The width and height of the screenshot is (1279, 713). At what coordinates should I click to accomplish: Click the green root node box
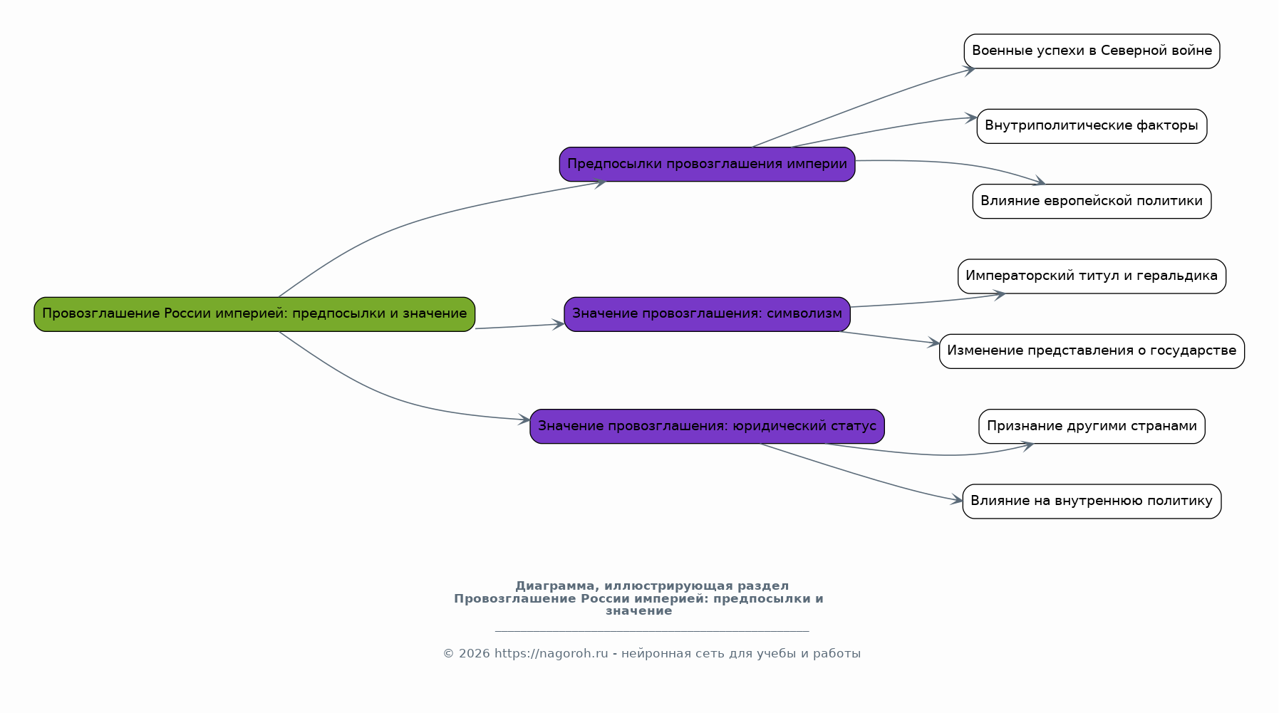(x=254, y=314)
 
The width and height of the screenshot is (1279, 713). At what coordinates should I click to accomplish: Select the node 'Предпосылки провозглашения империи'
(x=707, y=165)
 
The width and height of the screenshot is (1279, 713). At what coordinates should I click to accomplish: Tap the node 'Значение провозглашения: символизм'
(x=707, y=314)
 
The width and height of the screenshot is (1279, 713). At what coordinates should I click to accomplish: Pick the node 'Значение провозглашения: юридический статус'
(x=707, y=427)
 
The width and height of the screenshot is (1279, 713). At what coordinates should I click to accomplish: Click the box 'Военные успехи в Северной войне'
(x=1092, y=51)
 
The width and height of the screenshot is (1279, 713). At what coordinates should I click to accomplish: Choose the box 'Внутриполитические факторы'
(x=1092, y=126)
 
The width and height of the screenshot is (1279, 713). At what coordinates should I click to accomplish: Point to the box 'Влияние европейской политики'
(x=1092, y=202)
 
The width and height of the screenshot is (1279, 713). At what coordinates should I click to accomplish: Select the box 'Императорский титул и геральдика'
(x=1092, y=276)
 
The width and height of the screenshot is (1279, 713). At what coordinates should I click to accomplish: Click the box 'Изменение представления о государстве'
(x=1092, y=351)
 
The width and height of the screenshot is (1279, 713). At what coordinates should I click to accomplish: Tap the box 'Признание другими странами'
(x=1092, y=427)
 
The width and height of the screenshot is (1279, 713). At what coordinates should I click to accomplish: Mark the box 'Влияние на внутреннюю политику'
(x=1092, y=501)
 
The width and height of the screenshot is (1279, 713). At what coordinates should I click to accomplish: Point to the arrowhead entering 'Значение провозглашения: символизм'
(x=558, y=325)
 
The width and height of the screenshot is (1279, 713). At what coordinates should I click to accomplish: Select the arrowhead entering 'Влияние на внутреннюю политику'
(x=956, y=500)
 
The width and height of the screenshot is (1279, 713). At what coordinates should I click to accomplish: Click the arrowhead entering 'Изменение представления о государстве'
(x=933, y=343)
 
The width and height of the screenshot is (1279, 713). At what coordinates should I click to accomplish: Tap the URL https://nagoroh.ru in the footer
(x=552, y=654)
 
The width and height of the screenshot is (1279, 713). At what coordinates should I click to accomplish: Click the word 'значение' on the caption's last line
(x=639, y=611)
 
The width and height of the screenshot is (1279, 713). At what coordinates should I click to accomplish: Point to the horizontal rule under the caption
(x=652, y=631)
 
